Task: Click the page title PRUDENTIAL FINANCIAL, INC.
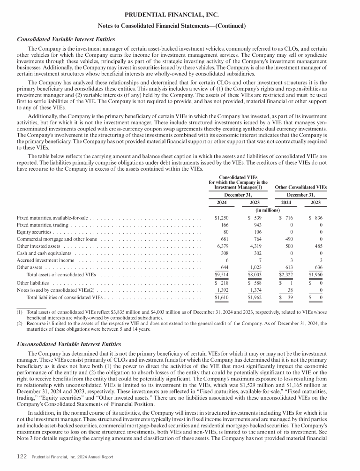tap(180, 8)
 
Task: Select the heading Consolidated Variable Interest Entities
tap(66, 38)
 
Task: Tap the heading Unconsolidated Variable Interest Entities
tap(69, 344)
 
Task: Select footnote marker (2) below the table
tap(19, 323)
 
